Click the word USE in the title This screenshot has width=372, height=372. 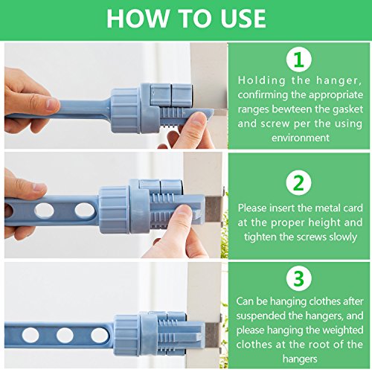(x=243, y=19)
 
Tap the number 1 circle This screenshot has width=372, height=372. (x=298, y=60)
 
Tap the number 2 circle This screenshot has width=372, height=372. (x=298, y=183)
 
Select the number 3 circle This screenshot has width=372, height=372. (x=298, y=278)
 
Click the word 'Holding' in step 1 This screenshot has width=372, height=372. (x=262, y=81)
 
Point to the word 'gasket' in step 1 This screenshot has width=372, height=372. (x=347, y=109)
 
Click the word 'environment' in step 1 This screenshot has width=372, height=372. (x=301, y=138)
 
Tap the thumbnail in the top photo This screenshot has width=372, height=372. (x=198, y=120)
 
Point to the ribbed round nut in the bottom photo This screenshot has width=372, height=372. (x=127, y=336)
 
